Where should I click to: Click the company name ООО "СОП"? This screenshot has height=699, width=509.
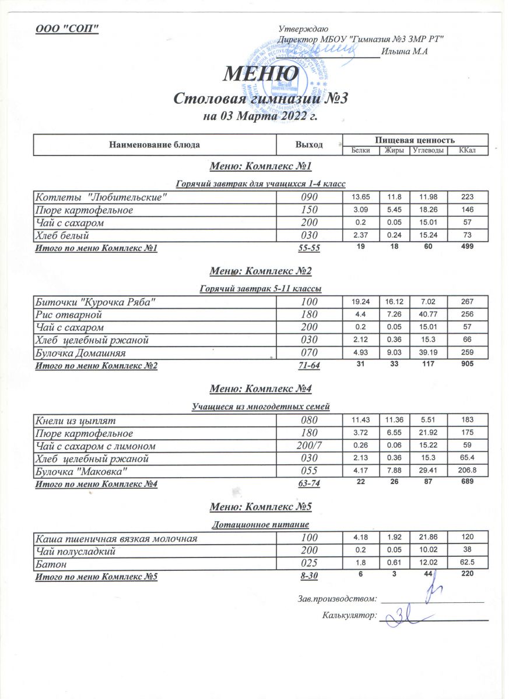coord(68,29)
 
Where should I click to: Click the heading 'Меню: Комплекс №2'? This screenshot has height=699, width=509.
coord(261,271)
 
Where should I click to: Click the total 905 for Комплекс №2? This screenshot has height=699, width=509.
coord(467,365)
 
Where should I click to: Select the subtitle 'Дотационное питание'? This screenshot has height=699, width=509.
coord(261,525)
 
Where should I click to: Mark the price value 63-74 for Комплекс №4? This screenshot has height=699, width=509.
coord(309,483)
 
